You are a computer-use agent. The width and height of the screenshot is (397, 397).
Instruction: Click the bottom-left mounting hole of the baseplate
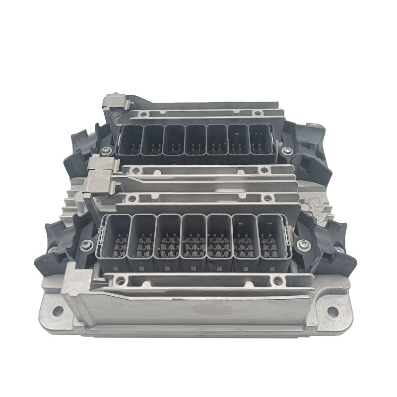point(58,311)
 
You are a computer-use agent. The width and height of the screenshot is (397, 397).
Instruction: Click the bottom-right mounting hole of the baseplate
point(332,311)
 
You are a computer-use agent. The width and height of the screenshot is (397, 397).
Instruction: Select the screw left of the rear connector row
point(106,150)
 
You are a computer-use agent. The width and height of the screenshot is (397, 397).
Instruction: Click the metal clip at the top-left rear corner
point(116,102)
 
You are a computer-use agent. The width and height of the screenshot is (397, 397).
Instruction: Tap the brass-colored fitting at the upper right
point(314,122)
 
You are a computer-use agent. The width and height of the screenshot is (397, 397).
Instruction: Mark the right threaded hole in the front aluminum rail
point(277,281)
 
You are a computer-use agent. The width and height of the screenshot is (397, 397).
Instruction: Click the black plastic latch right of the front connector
point(331,248)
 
